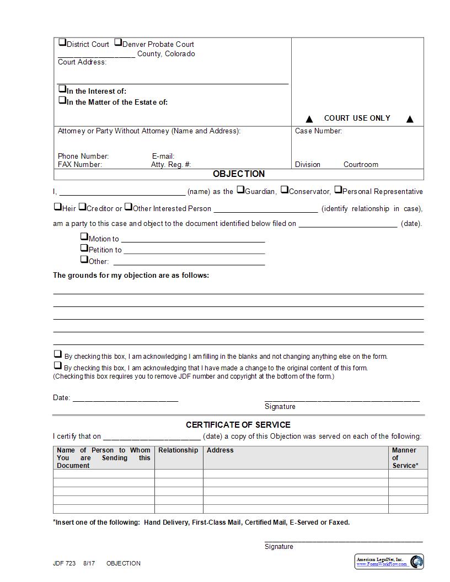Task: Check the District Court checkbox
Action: click(x=62, y=42)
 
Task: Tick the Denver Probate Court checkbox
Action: click(x=118, y=42)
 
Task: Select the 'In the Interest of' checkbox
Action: click(x=62, y=89)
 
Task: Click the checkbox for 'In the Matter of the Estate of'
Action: click(x=62, y=100)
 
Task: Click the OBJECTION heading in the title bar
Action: click(x=239, y=174)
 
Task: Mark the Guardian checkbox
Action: click(x=240, y=190)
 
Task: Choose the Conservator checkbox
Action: click(x=285, y=190)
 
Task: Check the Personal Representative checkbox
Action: click(x=338, y=190)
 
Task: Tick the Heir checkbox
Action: click(x=57, y=207)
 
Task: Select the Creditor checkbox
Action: click(x=82, y=207)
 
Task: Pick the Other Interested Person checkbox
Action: click(x=128, y=207)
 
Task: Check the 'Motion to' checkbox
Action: click(x=84, y=236)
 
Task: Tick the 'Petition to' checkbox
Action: click(x=84, y=247)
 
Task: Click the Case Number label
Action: click(x=318, y=131)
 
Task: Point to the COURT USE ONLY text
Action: click(x=357, y=118)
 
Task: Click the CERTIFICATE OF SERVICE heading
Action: click(x=238, y=425)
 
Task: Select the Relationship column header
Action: click(x=178, y=450)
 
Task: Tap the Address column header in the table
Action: click(x=220, y=450)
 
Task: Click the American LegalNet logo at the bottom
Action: click(x=389, y=562)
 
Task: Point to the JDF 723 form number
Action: click(x=64, y=563)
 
